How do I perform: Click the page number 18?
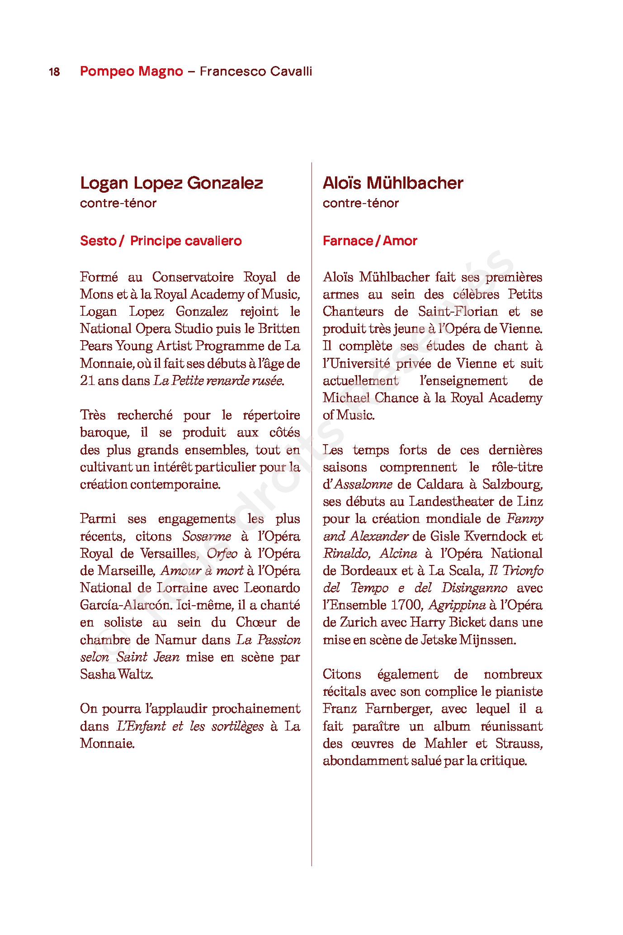[54, 72]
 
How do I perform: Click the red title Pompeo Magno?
[132, 71]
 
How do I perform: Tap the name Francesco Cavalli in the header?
[256, 71]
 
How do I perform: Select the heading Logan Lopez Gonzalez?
[171, 183]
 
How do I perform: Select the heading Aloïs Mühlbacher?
[393, 183]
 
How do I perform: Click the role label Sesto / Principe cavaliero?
[161, 241]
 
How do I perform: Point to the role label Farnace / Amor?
[370, 241]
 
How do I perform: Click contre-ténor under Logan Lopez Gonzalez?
[118, 203]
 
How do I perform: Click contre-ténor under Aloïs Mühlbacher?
[361, 203]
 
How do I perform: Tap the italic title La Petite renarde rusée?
[219, 381]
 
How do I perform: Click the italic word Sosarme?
[207, 536]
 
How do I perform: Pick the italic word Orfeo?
[222, 554]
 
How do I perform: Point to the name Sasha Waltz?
[116, 674]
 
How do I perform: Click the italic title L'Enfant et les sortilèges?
[190, 726]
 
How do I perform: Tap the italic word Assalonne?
[363, 484]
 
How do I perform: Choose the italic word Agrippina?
[457, 605]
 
